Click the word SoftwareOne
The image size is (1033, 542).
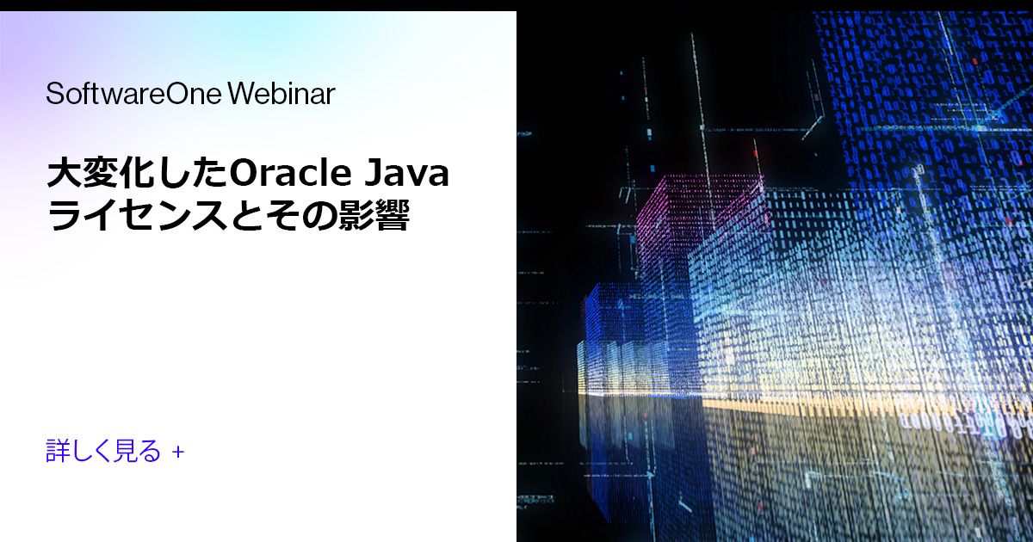[x=133, y=94]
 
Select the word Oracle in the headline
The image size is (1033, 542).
[x=291, y=174]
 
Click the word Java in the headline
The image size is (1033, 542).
[x=408, y=174]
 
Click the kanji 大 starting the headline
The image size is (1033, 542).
[x=63, y=174]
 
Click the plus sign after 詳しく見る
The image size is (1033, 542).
[x=178, y=451]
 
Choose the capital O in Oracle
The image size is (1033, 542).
[x=244, y=174]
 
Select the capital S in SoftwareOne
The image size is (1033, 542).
[x=53, y=94]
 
